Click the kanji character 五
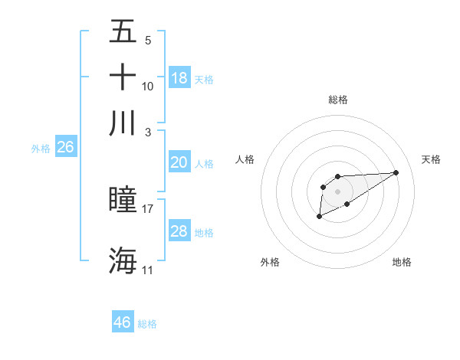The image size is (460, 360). tap(123, 31)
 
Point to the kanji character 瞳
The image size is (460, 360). tap(123, 199)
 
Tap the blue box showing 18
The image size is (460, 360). tap(179, 77)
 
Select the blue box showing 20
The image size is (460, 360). tap(179, 162)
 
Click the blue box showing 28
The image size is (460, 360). tap(179, 231)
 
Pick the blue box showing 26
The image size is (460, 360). tap(65, 147)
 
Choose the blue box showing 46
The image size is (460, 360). tap(123, 322)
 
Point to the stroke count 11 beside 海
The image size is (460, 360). tap(148, 270)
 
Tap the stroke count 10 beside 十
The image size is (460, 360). tap(148, 86)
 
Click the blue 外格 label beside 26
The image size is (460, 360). tap(41, 149)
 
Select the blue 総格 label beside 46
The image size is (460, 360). tap(147, 324)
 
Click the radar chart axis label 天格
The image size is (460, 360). tap(432, 159)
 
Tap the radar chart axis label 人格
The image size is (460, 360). tap(245, 159)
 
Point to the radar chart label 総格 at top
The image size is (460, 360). tap(338, 100)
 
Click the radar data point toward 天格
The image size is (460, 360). tap(396, 172)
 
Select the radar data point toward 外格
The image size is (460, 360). tap(319, 218)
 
